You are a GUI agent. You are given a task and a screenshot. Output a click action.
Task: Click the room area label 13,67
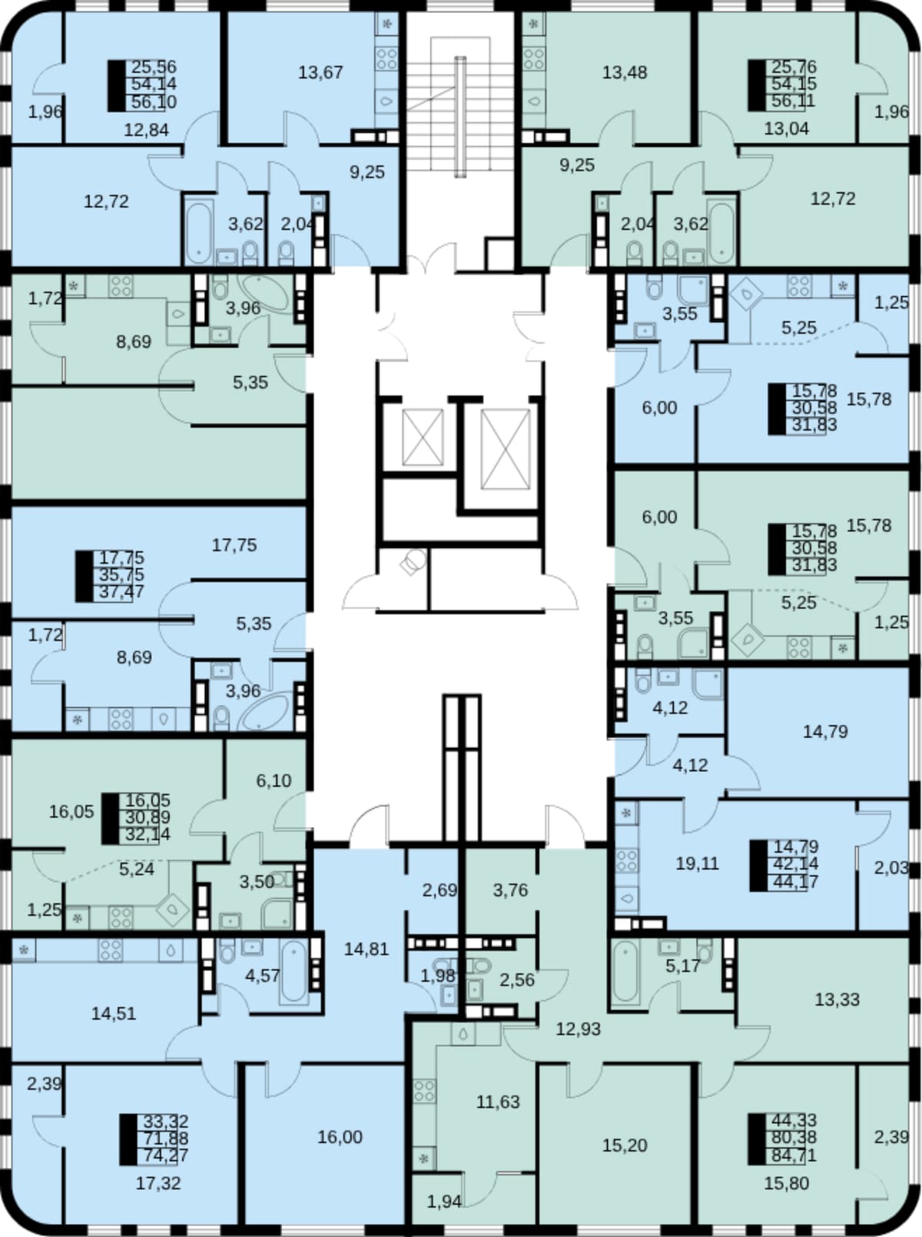click(320, 73)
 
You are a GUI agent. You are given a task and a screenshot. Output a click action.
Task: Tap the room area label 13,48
click(625, 73)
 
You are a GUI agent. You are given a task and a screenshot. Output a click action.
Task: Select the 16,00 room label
click(340, 1137)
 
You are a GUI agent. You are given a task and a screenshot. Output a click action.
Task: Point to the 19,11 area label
click(698, 863)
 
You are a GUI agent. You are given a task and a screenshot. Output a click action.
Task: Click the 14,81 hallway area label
click(366, 949)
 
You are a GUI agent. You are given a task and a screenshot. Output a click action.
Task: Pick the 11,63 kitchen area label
click(498, 1101)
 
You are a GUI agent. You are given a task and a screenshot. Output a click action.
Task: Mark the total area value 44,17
click(796, 881)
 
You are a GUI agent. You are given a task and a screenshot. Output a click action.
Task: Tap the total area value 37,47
click(121, 592)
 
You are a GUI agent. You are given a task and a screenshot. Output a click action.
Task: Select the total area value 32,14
click(148, 834)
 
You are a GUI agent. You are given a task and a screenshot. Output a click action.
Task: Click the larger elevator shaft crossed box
click(506, 449)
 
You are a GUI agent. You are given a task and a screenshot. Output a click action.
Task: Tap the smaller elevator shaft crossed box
click(423, 437)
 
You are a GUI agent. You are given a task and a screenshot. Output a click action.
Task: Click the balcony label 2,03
click(891, 868)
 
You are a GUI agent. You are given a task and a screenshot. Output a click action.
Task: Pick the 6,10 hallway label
click(274, 780)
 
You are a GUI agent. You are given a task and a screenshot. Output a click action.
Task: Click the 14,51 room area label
click(114, 1014)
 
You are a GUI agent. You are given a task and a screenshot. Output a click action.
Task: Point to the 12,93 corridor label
click(579, 1029)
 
